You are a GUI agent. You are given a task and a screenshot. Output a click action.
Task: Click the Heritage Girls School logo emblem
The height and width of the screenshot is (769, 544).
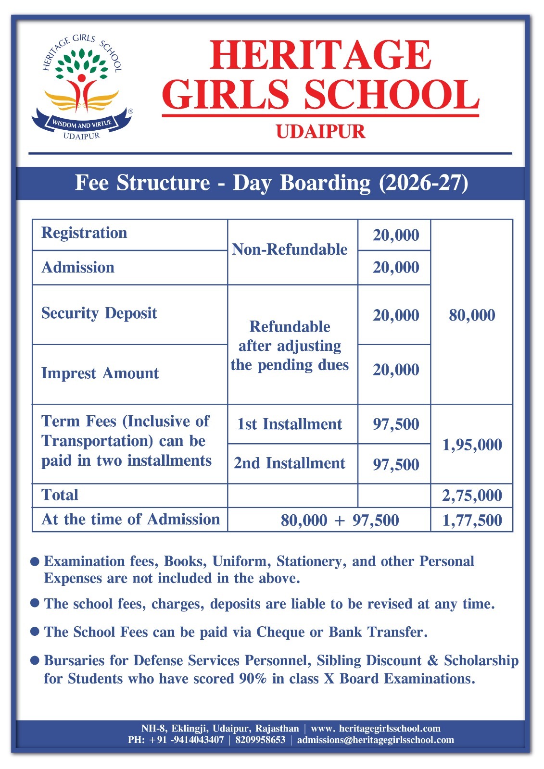tap(81, 87)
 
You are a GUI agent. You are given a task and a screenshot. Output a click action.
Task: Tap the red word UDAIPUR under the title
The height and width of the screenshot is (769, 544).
tap(320, 132)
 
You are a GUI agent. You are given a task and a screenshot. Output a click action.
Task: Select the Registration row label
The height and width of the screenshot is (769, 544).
tap(84, 233)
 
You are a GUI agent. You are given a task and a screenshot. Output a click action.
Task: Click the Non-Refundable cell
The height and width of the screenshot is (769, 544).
tap(290, 249)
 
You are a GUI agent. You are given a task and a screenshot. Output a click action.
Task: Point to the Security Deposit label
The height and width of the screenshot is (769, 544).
tap(99, 313)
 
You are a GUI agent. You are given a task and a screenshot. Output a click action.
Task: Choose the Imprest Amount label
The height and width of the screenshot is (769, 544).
tap(100, 373)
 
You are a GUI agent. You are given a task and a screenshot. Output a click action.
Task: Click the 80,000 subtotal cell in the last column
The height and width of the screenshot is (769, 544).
tap(472, 315)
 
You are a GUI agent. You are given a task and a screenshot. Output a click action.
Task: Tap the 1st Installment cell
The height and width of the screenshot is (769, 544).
tap(290, 424)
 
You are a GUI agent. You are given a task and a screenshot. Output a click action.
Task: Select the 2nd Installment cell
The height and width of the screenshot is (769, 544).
tap(290, 463)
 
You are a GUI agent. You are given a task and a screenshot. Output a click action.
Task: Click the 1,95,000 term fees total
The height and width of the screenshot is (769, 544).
tap(472, 445)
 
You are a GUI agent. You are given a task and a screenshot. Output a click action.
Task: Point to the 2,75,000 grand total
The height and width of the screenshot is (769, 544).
tap(472, 496)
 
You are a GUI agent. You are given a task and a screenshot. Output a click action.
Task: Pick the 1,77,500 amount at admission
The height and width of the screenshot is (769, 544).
tap(472, 520)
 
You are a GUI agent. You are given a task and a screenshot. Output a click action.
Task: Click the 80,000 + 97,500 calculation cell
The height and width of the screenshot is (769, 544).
tap(340, 520)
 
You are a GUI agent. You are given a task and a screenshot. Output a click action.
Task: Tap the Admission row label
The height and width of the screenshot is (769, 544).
tap(78, 268)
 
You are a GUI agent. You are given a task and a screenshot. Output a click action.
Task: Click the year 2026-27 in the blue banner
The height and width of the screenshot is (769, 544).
tap(423, 183)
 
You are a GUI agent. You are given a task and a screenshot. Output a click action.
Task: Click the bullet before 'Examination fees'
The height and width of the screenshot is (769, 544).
tap(35, 561)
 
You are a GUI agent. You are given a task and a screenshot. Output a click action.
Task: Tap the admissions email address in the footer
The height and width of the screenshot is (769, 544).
tap(375, 740)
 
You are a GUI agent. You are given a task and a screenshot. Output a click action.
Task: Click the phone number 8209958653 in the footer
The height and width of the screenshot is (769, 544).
tap(260, 740)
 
